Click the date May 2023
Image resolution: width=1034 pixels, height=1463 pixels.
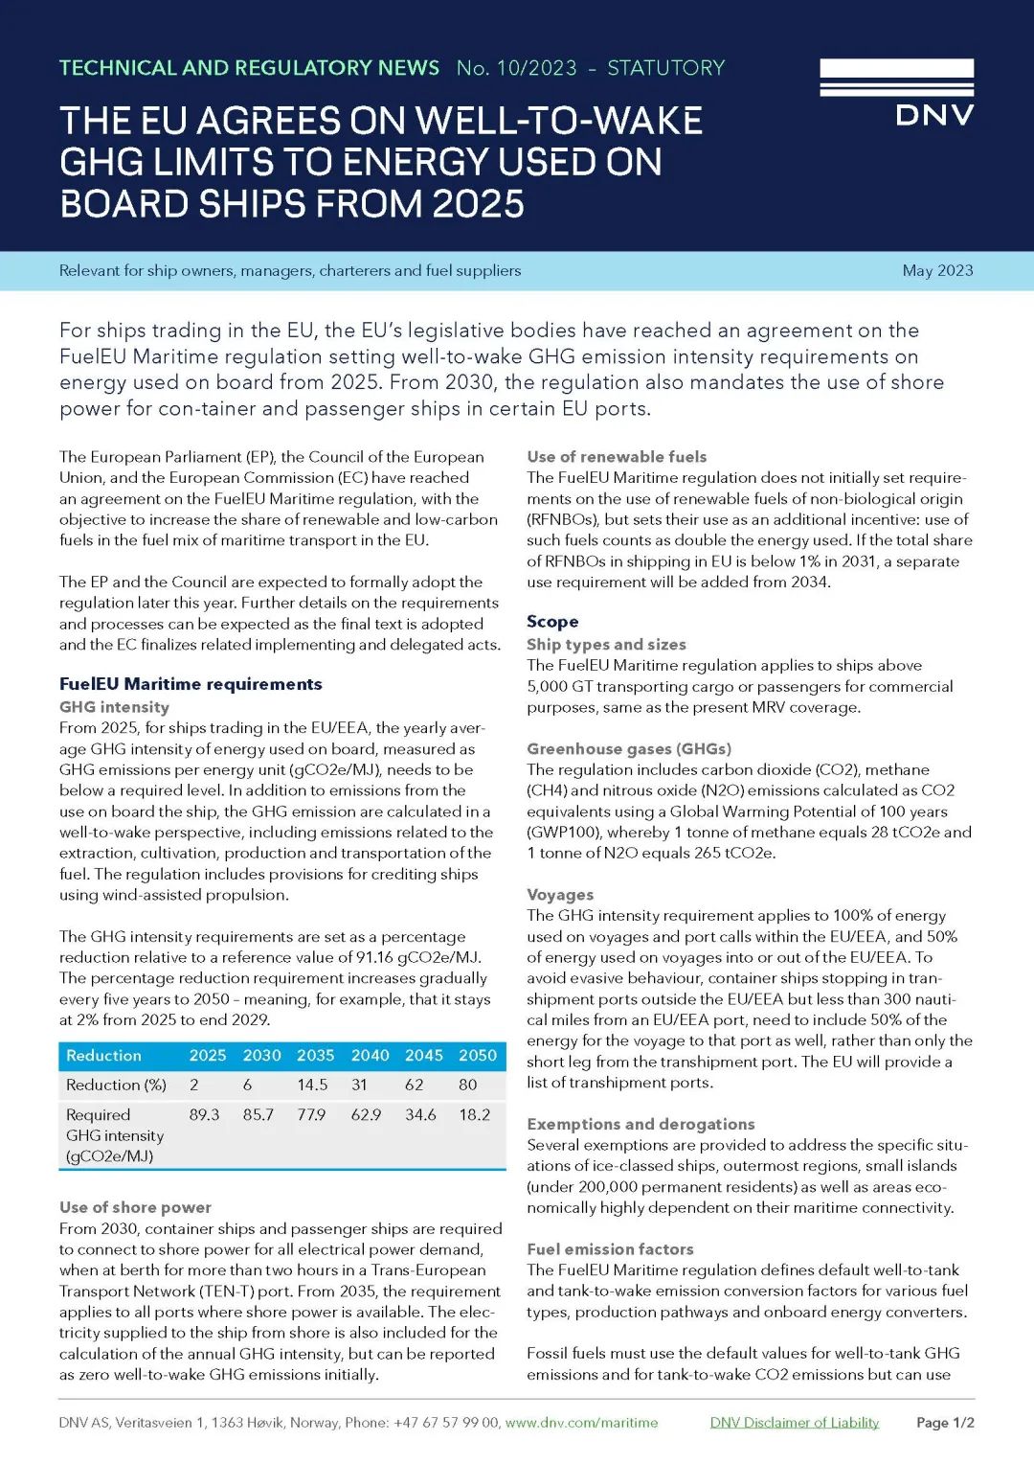[937, 270]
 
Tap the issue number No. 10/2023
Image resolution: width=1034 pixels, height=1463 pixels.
[516, 68]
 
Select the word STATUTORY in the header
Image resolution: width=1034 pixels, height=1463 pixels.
[666, 68]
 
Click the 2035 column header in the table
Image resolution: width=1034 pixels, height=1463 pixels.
[315, 1055]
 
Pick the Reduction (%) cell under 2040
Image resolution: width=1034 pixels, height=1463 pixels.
[360, 1085]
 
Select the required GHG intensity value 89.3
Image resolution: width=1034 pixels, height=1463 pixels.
[204, 1114]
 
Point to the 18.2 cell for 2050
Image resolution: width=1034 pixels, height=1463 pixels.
[475, 1114]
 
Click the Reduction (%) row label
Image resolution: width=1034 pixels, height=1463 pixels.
[116, 1085]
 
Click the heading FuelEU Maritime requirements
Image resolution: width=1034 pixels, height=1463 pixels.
[191, 684]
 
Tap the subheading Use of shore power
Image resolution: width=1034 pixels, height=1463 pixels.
[135, 1207]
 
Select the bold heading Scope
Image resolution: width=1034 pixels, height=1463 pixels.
[552, 622]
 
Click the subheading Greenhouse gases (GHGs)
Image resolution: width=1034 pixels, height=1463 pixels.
[629, 748]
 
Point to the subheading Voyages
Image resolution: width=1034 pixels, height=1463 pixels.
[560, 894]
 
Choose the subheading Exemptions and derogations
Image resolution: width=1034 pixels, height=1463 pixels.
[641, 1124]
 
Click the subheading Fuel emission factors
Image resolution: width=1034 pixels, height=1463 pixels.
[610, 1248]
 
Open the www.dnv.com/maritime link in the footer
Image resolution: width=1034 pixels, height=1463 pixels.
[581, 1422]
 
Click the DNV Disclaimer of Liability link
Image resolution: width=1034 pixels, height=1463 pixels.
[794, 1422]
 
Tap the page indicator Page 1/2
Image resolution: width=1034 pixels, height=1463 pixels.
[945, 1422]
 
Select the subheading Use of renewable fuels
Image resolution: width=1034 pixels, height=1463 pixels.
[617, 457]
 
